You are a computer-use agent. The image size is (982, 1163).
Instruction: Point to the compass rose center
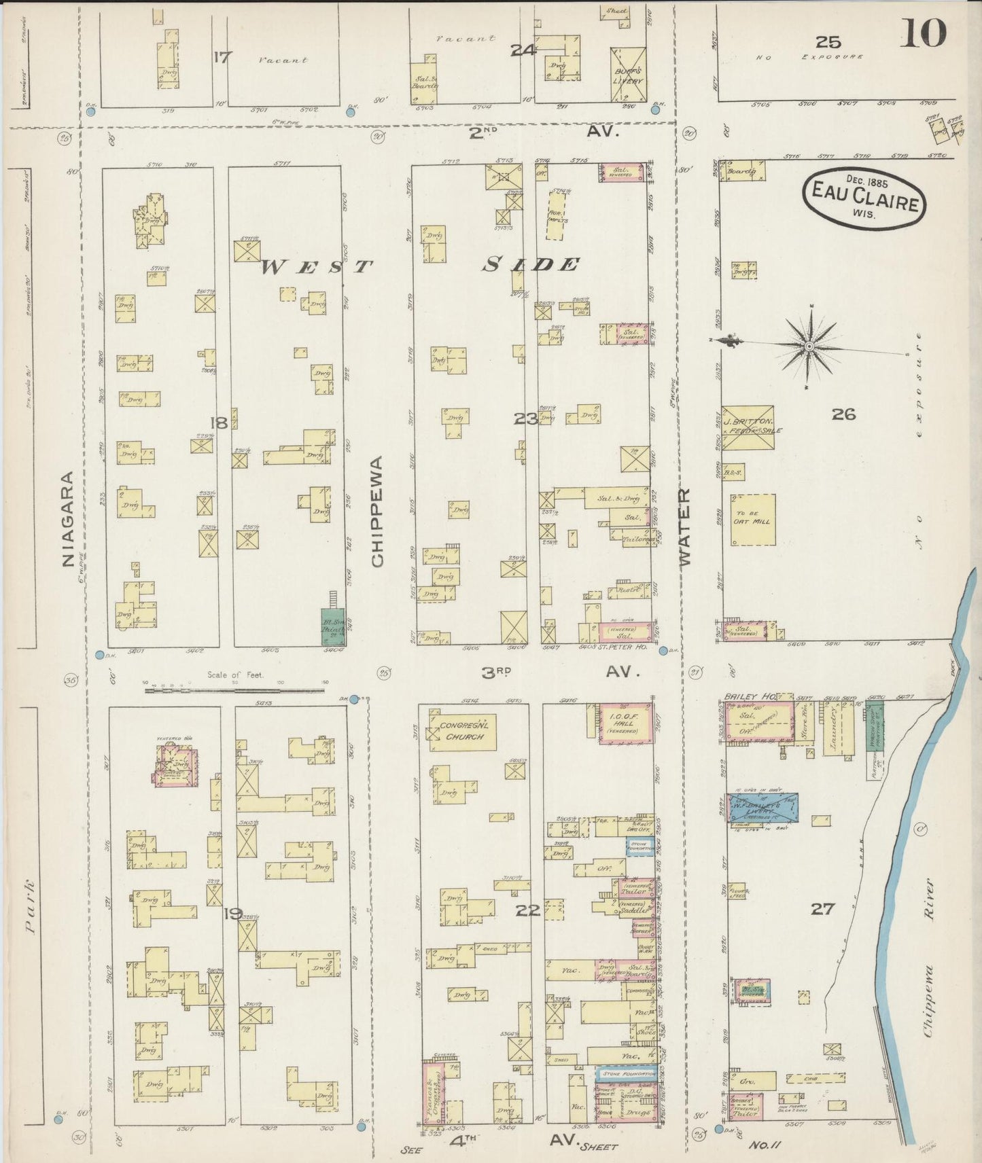809,348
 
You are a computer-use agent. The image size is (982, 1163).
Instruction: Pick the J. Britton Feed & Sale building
748,428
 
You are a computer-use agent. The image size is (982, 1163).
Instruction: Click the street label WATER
684,526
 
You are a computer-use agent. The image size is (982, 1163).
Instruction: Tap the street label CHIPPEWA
378,510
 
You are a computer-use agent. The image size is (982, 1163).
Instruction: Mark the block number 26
843,414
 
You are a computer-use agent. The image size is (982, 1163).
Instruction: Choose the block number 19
233,913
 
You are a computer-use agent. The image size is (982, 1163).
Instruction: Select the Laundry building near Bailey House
832,727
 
